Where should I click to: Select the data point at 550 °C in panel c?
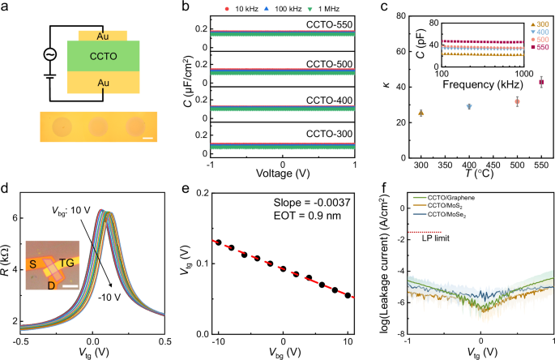542,83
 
